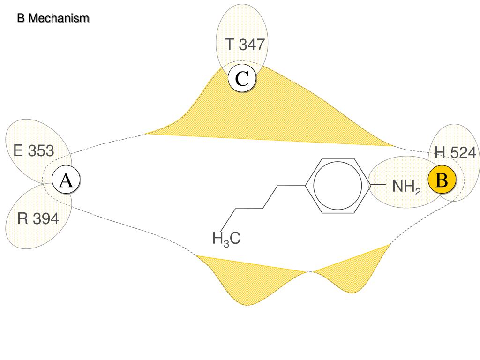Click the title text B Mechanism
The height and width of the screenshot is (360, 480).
click(53, 19)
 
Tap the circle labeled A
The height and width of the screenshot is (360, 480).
click(66, 180)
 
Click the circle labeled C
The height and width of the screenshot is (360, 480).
click(242, 79)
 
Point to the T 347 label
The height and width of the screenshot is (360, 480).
click(245, 45)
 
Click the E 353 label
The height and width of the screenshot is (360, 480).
click(34, 151)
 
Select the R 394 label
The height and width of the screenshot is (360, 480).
click(38, 218)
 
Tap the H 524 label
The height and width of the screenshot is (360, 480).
click(455, 152)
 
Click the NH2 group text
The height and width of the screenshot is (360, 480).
click(406, 187)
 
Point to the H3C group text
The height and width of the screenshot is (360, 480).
click(226, 239)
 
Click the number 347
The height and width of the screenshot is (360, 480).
click(252, 45)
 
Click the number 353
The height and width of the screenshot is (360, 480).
click(41, 151)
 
